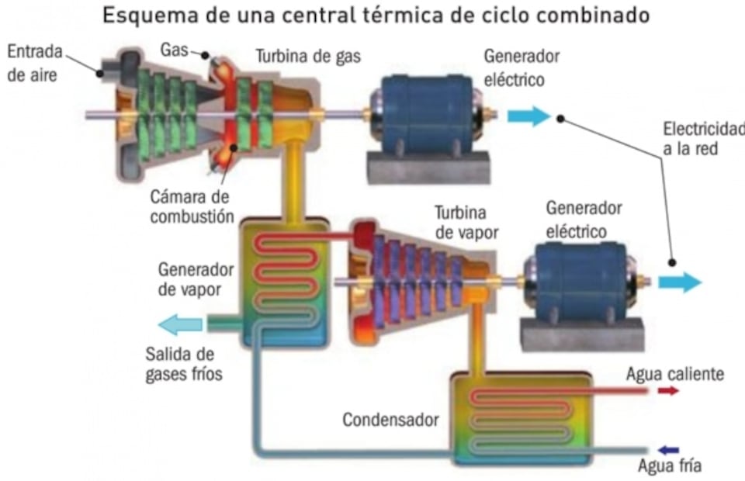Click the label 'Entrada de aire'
click(x=34, y=64)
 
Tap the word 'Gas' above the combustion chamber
click(x=174, y=50)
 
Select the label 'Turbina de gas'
click(x=308, y=56)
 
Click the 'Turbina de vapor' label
click(x=466, y=223)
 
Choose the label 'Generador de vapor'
click(x=196, y=279)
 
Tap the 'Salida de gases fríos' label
click(x=184, y=365)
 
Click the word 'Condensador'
click(x=390, y=420)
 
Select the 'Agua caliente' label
click(x=674, y=374)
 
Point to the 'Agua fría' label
click(x=669, y=466)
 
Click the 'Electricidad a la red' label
click(x=703, y=138)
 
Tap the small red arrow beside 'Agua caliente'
click(x=667, y=391)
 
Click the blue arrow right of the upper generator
click(x=528, y=116)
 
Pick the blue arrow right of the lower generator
click(x=680, y=282)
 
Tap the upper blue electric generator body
click(x=424, y=114)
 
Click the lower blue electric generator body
click(x=582, y=280)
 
